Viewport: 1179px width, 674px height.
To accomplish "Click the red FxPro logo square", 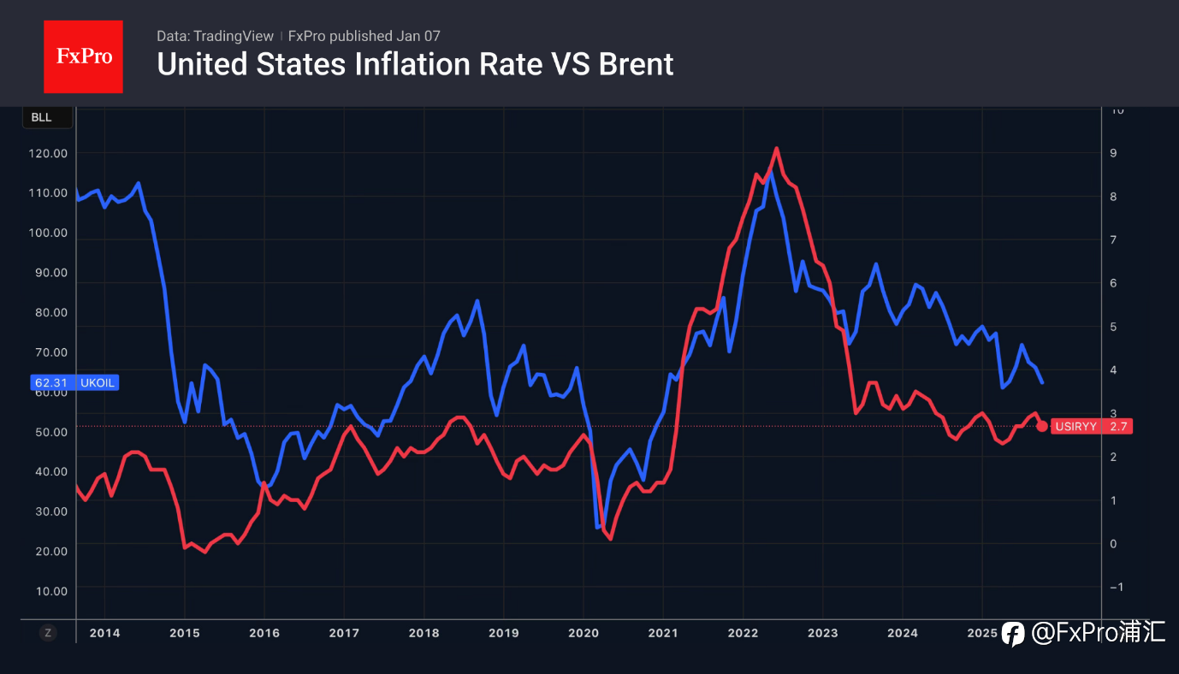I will pyautogui.click(x=83, y=56).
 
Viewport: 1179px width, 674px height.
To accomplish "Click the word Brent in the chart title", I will pyautogui.click(x=631, y=64).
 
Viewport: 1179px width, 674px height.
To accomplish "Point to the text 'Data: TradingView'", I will pyautogui.click(x=215, y=36).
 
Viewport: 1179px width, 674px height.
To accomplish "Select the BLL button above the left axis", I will pyautogui.click(x=42, y=118).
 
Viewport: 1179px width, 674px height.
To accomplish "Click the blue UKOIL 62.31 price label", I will pyautogui.click(x=74, y=383).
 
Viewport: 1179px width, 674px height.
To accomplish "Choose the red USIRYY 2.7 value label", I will pyautogui.click(x=1092, y=426).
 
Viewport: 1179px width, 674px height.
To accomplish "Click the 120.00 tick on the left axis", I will pyautogui.click(x=48, y=153).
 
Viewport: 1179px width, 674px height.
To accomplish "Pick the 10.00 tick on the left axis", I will pyautogui.click(x=48, y=590).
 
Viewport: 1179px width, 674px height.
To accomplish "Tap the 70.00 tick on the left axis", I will pyautogui.click(x=48, y=352).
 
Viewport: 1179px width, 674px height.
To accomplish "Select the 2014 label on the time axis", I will pyautogui.click(x=105, y=633).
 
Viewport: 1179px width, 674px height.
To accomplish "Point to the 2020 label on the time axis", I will pyautogui.click(x=584, y=633).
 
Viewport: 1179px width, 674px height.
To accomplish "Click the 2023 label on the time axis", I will pyautogui.click(x=823, y=633).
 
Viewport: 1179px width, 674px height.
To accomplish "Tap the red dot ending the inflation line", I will pyautogui.click(x=1041, y=426).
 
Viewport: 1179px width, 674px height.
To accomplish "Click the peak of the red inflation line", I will pyautogui.click(x=776, y=149).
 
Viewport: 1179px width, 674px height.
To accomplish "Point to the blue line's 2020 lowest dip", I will pyautogui.click(x=598, y=527).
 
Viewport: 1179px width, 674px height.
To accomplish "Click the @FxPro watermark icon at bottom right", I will pyautogui.click(x=1013, y=633).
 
